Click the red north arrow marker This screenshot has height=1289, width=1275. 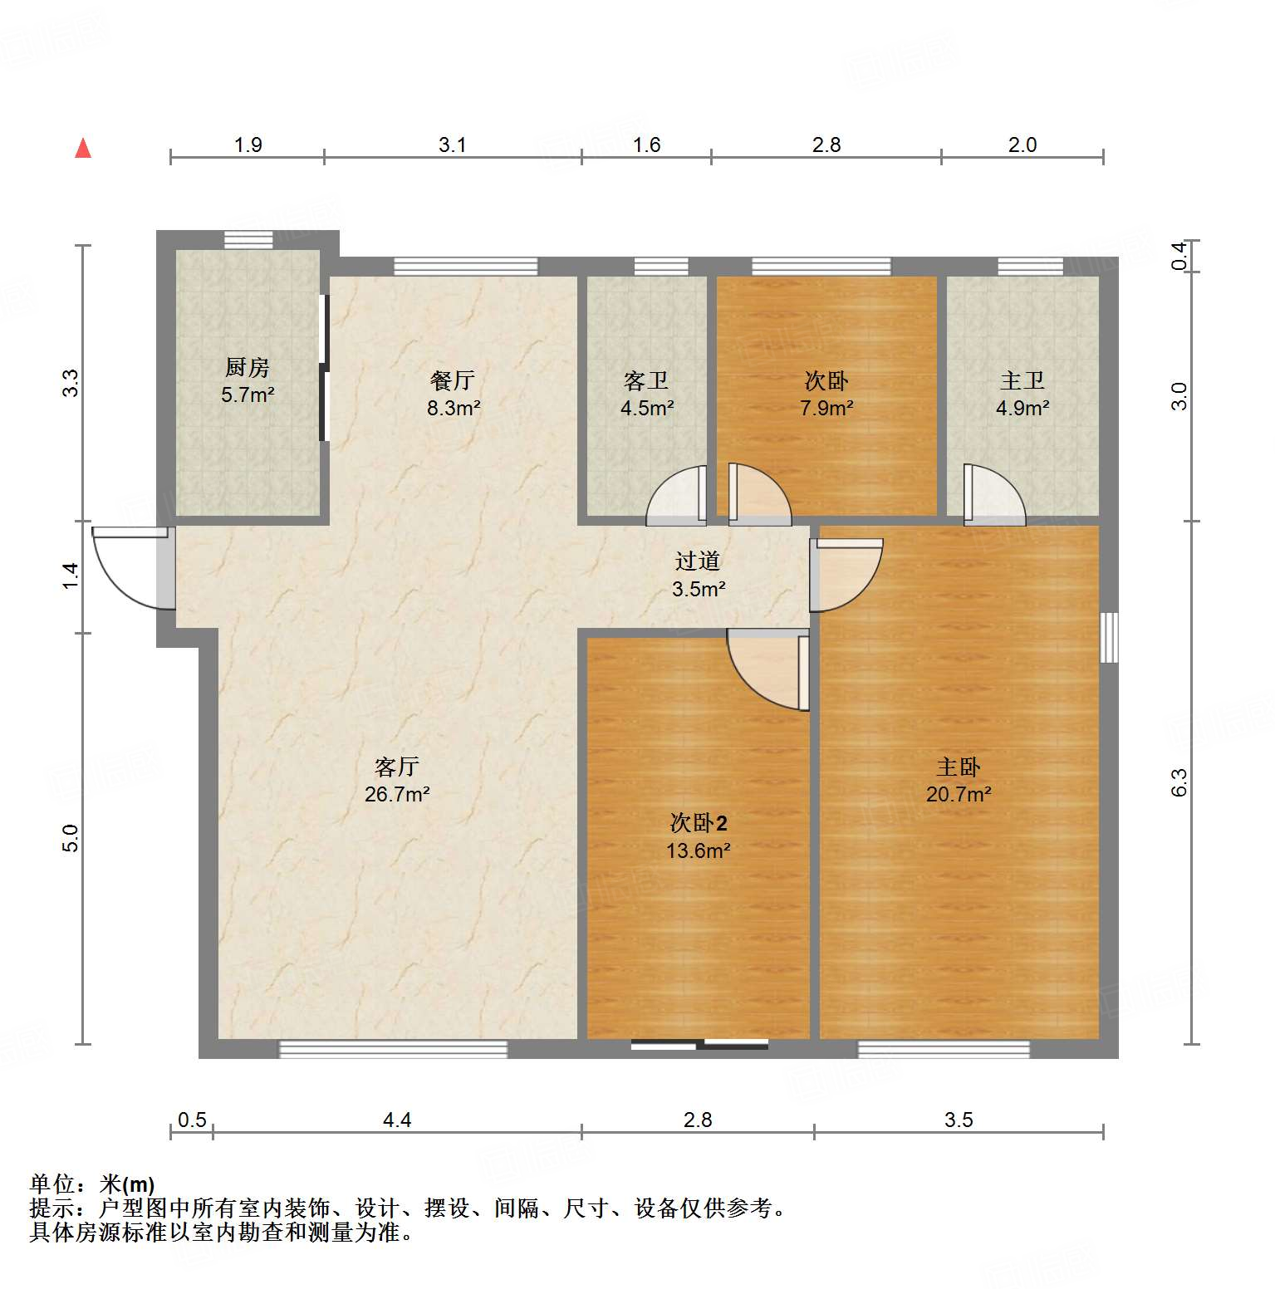83,149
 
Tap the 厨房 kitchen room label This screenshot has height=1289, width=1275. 248,367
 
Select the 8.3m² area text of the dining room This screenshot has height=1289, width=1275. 454,408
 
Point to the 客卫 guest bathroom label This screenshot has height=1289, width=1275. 646,380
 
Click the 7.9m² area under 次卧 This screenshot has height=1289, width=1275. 826,408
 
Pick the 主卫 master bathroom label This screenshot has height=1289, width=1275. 1022,380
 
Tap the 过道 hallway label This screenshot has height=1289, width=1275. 697,561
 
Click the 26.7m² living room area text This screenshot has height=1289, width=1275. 397,794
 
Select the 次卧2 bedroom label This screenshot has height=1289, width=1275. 698,823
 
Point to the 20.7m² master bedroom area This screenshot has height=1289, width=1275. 959,794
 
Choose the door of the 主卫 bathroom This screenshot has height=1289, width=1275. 993,497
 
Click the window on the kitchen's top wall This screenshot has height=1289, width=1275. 248,240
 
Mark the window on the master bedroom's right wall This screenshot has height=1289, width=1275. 1109,637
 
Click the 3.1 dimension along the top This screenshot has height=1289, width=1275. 453,145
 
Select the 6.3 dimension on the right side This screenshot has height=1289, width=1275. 1179,782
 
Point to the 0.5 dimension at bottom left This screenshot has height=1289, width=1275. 192,1120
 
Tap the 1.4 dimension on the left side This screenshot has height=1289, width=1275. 71,576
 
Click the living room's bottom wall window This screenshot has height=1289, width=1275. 393,1049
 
